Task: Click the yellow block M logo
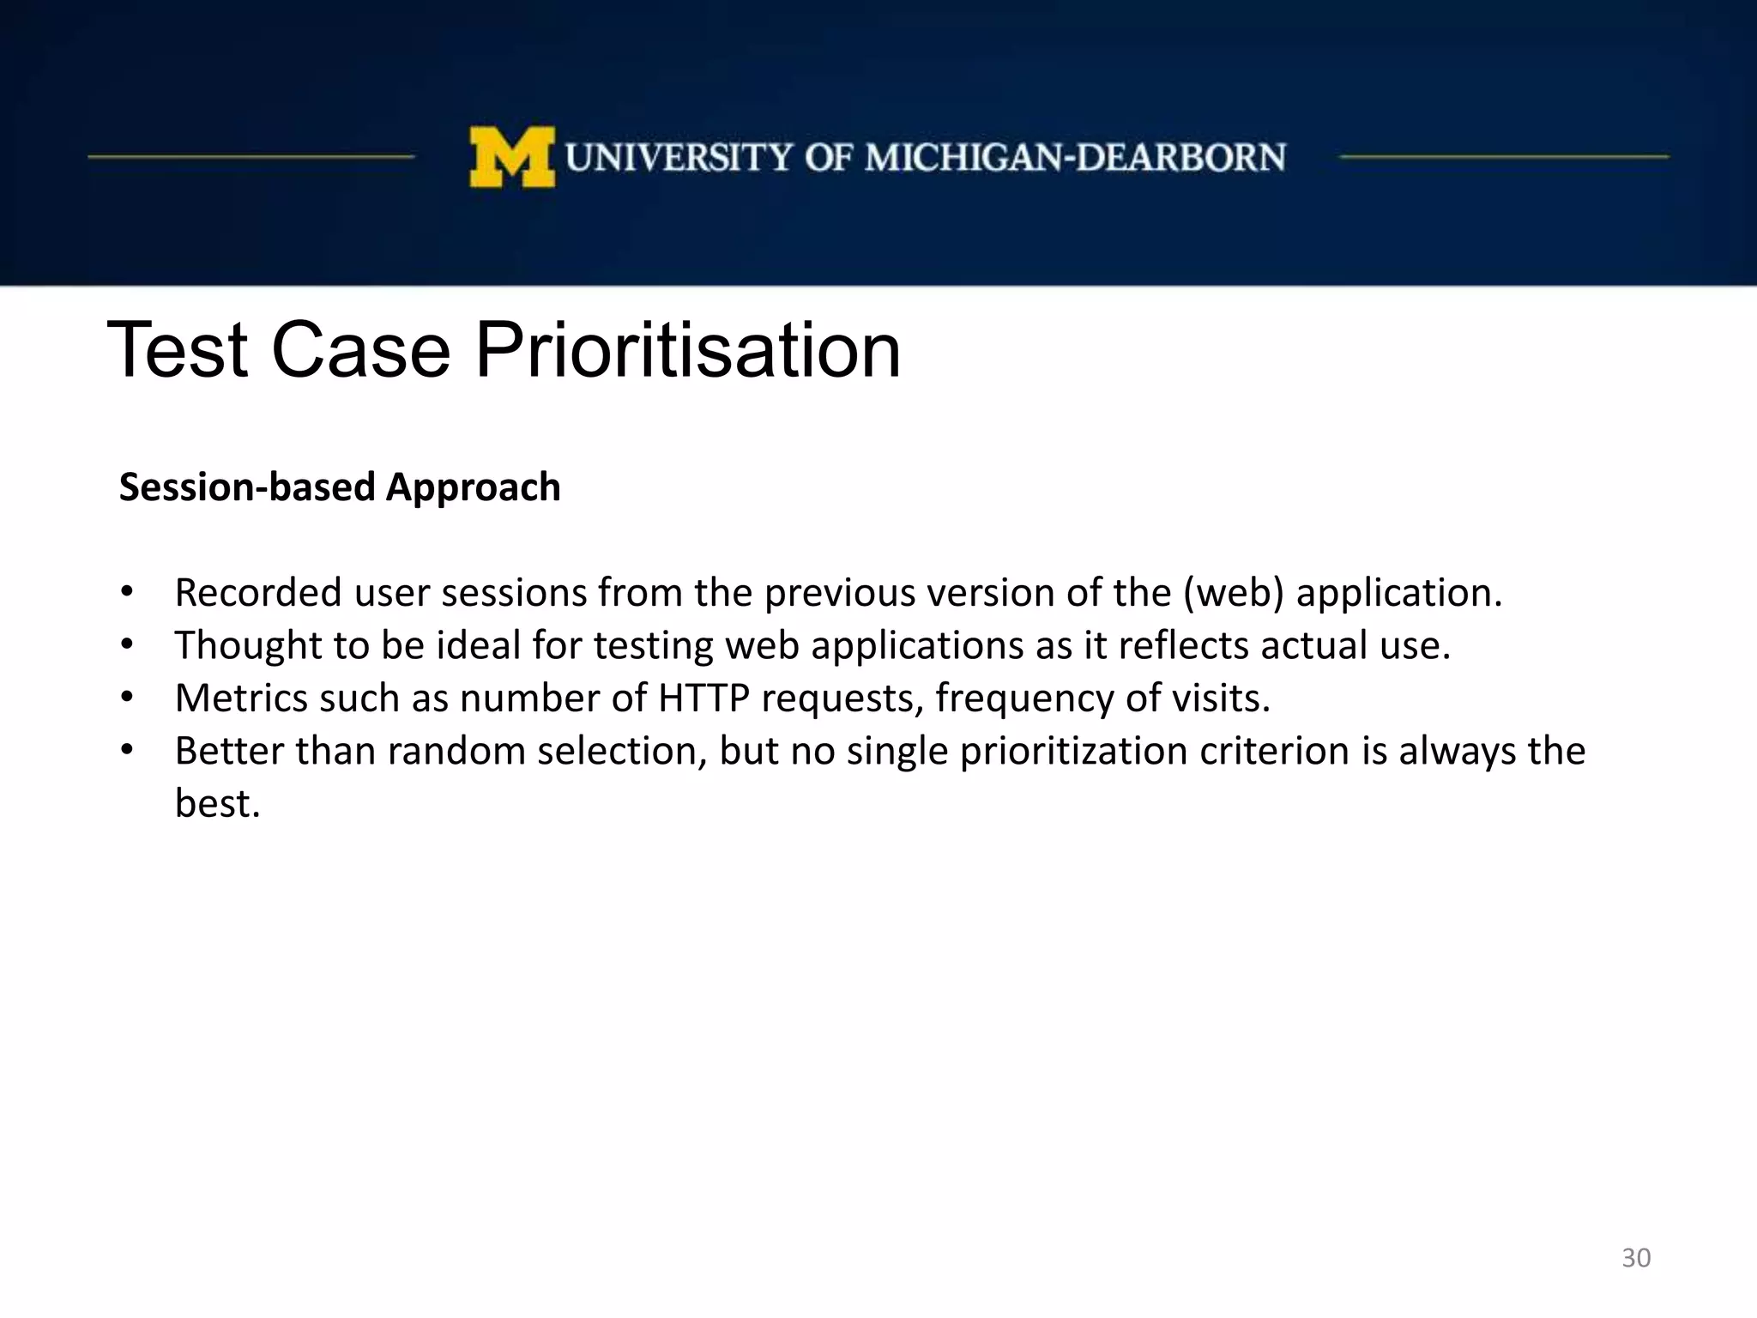512,157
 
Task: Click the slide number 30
1636,1258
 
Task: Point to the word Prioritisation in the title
688,350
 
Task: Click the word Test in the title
178,350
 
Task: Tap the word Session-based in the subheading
247,487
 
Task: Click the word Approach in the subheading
474,487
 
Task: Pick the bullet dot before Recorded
127,591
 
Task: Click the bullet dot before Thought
127,644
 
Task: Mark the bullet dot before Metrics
127,697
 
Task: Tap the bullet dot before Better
127,750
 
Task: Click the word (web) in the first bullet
1234,593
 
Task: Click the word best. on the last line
217,804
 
